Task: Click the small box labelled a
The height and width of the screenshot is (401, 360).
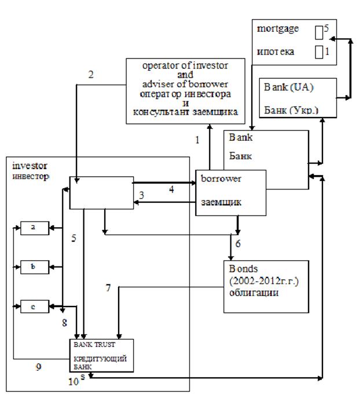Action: pyautogui.click(x=34, y=228)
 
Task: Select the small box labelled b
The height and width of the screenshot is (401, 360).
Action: pyautogui.click(x=34, y=268)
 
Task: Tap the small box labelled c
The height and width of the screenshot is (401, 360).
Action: pyautogui.click(x=34, y=307)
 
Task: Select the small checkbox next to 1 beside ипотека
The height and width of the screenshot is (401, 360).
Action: pyautogui.click(x=319, y=52)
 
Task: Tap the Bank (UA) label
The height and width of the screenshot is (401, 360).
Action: pyautogui.click(x=286, y=88)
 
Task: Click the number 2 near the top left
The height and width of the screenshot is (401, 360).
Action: pyautogui.click(x=90, y=74)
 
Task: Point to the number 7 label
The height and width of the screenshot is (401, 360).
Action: pyautogui.click(x=108, y=287)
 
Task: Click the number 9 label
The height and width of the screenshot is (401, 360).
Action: pyautogui.click(x=38, y=366)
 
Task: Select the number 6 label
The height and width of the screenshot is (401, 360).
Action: pyautogui.click(x=238, y=245)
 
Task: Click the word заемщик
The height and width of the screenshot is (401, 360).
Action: pyautogui.click(x=221, y=203)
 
